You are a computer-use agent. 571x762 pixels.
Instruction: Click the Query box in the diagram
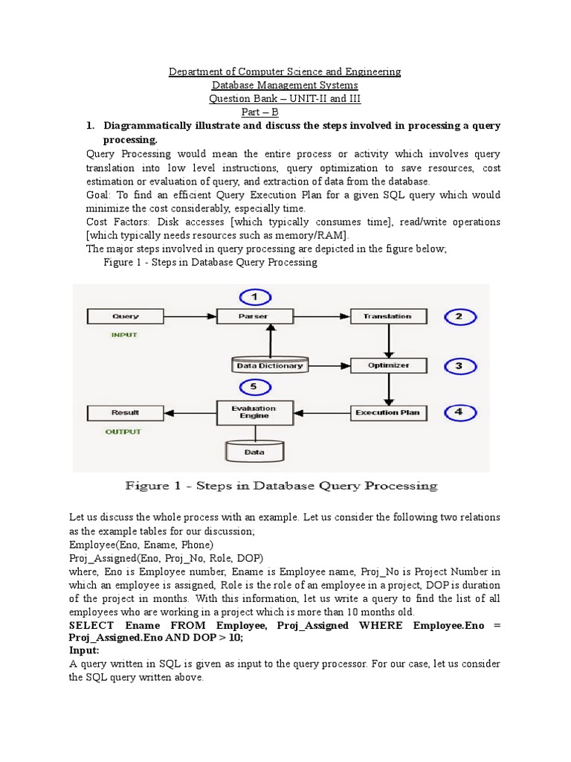click(x=125, y=316)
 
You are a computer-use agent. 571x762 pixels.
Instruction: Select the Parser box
click(x=254, y=316)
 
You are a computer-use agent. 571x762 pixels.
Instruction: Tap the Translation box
click(x=387, y=316)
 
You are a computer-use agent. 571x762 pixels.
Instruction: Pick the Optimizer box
click(x=387, y=365)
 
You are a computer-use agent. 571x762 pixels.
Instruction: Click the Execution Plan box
click(x=387, y=412)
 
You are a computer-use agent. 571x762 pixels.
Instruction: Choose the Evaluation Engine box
click(x=254, y=412)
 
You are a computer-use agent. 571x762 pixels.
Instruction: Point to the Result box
click(x=125, y=412)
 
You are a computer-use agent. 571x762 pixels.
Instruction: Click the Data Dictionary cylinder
click(x=269, y=365)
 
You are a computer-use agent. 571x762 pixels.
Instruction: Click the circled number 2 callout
click(x=459, y=317)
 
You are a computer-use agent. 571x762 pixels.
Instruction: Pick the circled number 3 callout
click(x=459, y=365)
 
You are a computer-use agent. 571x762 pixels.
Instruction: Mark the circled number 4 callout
click(x=459, y=412)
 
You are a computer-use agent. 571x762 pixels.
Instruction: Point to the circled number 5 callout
click(x=254, y=387)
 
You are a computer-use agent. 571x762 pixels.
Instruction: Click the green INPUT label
click(x=124, y=335)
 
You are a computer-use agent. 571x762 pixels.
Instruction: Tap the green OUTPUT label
click(x=123, y=431)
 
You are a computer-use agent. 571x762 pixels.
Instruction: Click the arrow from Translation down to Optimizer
click(x=387, y=341)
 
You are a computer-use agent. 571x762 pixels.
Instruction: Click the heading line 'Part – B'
click(x=285, y=112)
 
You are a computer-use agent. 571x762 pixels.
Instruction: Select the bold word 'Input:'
click(x=84, y=650)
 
